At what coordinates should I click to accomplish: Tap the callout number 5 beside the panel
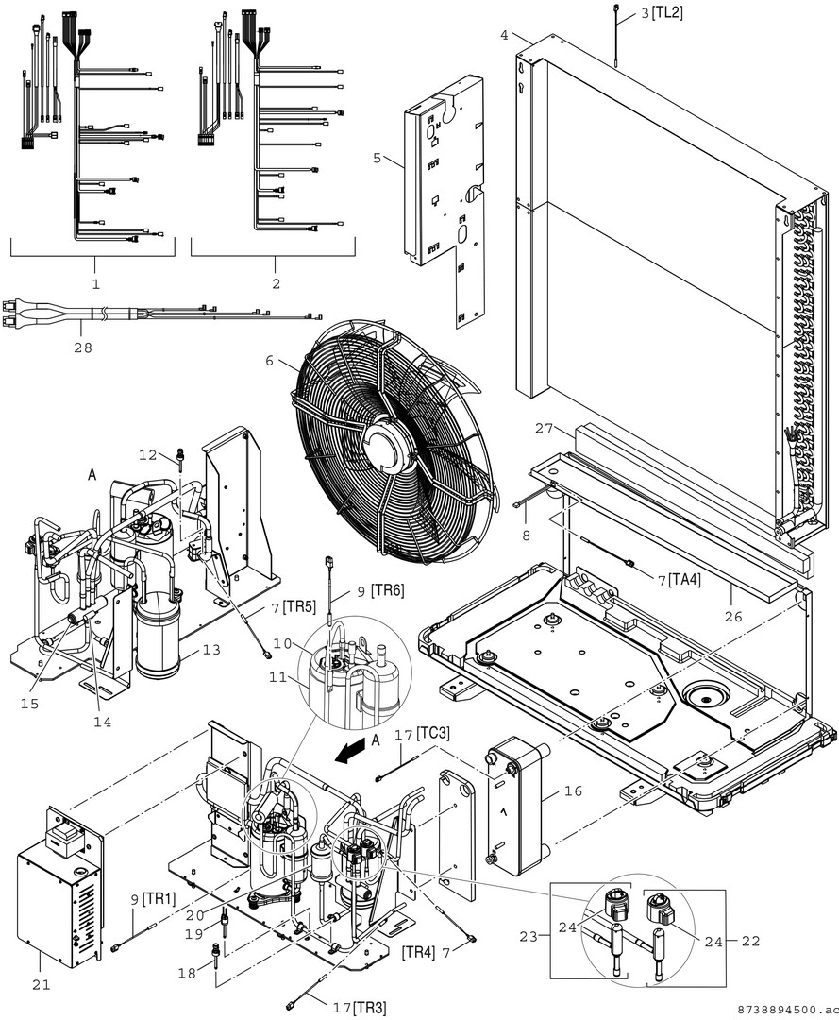(378, 158)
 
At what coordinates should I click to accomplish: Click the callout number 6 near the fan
(271, 361)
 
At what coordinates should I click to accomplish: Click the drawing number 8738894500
(773, 1010)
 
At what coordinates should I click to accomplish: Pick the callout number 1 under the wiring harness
(94, 282)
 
